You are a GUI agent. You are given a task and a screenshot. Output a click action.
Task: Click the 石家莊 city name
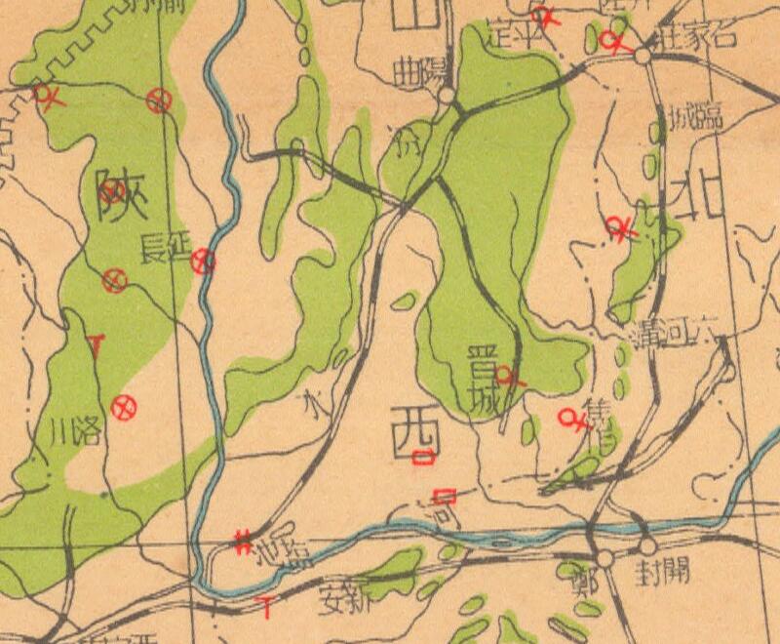tap(695, 40)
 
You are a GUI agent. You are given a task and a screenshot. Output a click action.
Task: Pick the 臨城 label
tap(695, 120)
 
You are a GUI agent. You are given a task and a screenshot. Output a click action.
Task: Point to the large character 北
tap(700, 199)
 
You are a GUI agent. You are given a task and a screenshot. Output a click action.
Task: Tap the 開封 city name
tap(663, 570)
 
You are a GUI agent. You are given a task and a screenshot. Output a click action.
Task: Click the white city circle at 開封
tap(646, 547)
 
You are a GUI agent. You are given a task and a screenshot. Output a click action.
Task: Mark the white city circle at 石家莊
tap(642, 57)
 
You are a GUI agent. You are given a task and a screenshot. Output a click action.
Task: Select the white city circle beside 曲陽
tap(445, 96)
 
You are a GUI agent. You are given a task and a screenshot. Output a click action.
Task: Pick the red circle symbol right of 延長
tap(203, 260)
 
